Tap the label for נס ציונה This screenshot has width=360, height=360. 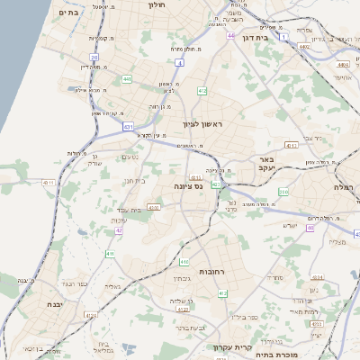(187, 185)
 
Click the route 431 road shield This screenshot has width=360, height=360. (129, 127)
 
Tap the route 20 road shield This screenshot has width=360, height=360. (94, 58)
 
